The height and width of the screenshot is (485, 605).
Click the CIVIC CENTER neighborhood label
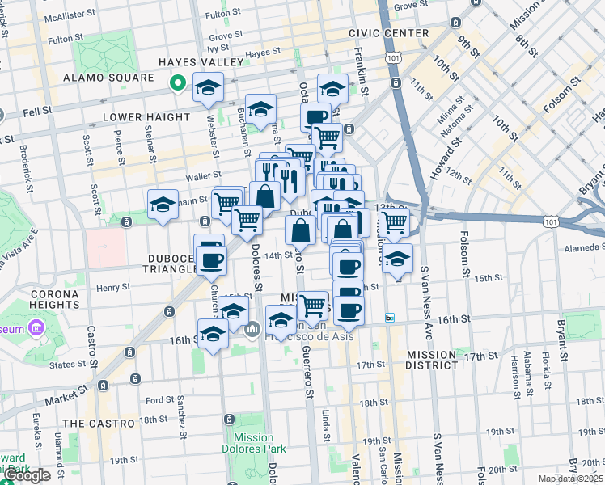389,33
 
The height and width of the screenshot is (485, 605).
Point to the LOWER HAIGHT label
146,117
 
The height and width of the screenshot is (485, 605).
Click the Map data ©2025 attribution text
570,479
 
